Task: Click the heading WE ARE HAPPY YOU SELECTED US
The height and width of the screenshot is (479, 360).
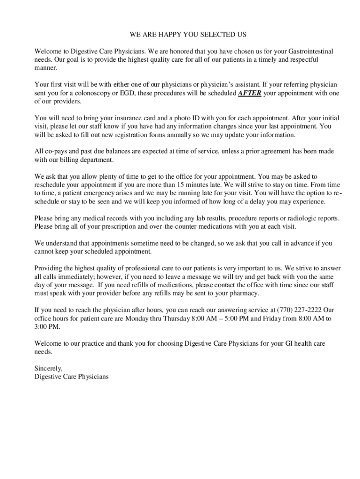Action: pos(188,35)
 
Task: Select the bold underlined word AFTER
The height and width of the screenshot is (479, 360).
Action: pos(250,93)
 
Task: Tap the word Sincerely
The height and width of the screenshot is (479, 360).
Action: pos(49,369)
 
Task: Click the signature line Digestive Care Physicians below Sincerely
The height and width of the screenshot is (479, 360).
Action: pos(72,377)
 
